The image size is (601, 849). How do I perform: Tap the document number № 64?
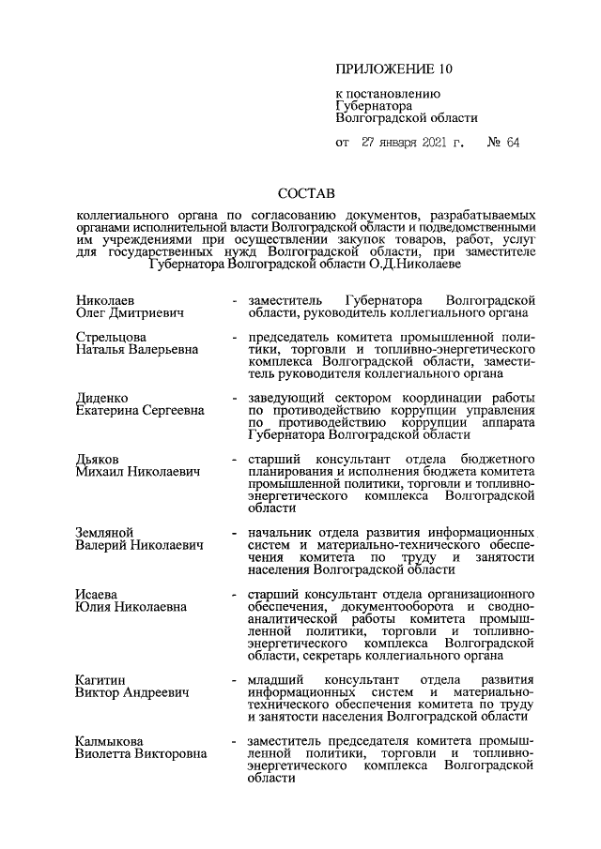click(x=503, y=144)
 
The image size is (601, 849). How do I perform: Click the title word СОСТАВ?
click(x=306, y=195)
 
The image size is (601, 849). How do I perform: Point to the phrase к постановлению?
click(x=382, y=94)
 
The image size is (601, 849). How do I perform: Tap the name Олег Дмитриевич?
click(x=130, y=311)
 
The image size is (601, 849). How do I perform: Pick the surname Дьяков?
click(x=99, y=459)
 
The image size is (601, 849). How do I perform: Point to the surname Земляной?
click(x=106, y=532)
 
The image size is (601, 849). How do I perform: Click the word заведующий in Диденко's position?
click(x=288, y=398)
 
